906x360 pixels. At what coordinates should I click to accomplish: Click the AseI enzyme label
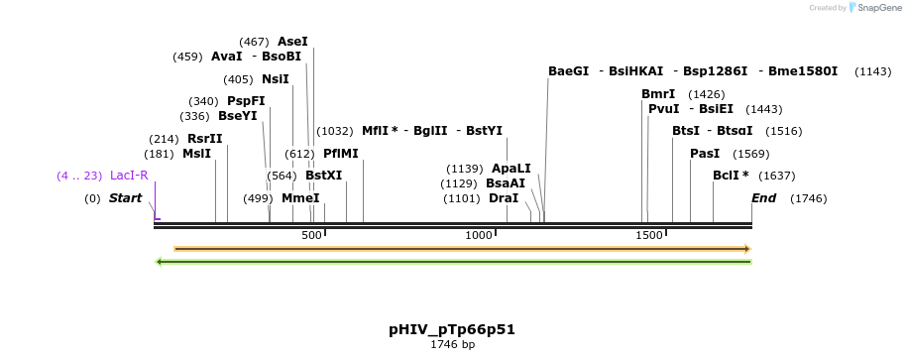point(292,42)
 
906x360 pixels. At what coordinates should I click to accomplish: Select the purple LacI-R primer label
point(129,176)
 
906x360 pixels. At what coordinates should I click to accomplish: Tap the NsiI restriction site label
point(276,79)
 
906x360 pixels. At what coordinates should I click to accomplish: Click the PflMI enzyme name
point(341,154)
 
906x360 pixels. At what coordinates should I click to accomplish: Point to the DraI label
point(504,198)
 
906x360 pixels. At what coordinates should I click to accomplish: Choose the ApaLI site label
point(511,169)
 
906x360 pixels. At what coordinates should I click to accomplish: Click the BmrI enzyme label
point(658,94)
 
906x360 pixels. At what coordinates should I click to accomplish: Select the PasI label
point(705,154)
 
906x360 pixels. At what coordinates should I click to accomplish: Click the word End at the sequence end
point(763,198)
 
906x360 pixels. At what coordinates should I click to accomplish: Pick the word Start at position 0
point(126,198)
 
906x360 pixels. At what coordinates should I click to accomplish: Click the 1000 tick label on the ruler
point(479,235)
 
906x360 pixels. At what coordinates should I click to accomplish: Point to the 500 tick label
point(311,235)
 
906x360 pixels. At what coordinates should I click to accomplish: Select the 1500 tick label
point(649,235)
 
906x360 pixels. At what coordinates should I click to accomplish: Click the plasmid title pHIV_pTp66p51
point(452,329)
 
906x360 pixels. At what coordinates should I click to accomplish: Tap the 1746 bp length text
point(452,345)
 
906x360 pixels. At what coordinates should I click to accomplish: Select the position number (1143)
point(873,71)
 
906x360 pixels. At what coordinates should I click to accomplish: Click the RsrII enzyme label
point(204,139)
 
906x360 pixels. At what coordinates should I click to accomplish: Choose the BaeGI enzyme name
point(569,71)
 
